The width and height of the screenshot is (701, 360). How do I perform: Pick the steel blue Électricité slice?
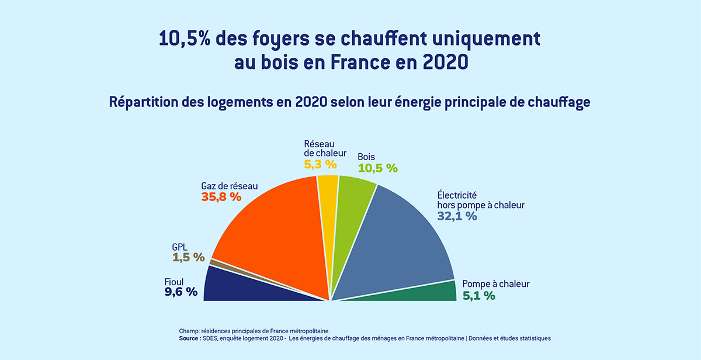[397, 245]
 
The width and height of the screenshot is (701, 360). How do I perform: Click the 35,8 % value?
[221, 197]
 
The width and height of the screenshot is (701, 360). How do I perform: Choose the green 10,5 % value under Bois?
[377, 168]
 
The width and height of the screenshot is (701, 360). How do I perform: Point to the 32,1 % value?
[457, 216]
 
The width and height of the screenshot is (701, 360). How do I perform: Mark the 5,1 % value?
[478, 296]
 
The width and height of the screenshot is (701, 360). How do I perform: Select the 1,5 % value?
[188, 257]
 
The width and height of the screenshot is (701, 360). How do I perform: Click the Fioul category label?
[174, 282]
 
